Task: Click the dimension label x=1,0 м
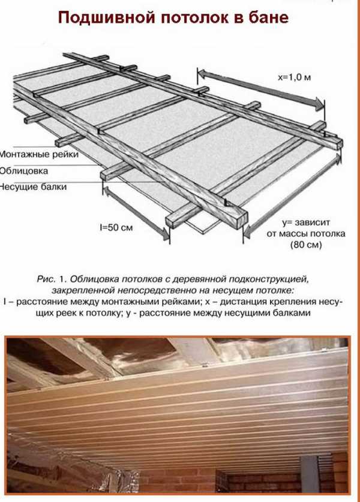295,77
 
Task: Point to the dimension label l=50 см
116,228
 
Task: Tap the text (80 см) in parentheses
305,245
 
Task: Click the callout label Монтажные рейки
39,154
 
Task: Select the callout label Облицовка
24,171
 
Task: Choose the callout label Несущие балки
33,187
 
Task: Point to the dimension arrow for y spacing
292,195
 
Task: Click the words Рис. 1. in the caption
52,279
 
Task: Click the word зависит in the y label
312,223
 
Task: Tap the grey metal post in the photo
309,473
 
